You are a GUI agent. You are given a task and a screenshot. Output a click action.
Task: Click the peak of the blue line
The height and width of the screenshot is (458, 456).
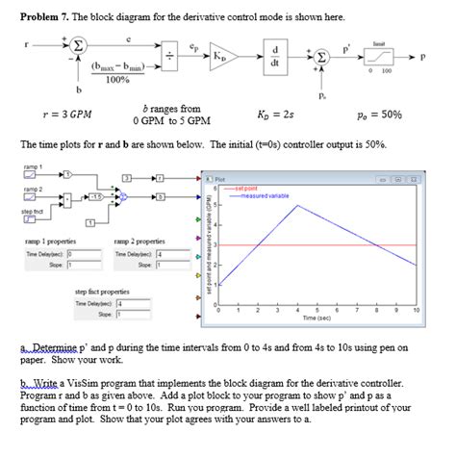click(x=300, y=205)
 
